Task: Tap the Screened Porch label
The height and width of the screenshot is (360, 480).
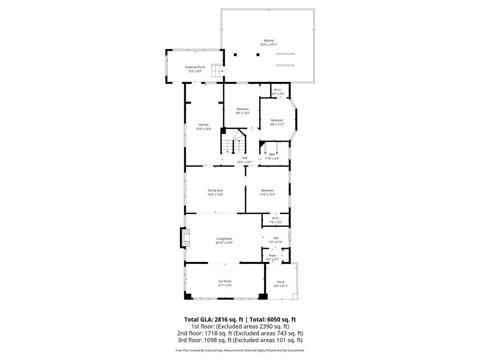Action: click(195, 67)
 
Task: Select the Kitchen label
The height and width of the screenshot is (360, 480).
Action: click(204, 125)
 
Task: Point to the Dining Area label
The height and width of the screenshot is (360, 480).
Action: click(216, 190)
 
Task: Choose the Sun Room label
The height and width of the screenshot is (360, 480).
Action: click(225, 281)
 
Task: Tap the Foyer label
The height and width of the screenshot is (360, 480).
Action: click(272, 255)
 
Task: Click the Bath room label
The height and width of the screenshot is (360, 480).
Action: click(272, 154)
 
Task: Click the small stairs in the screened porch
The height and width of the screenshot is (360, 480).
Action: click(216, 71)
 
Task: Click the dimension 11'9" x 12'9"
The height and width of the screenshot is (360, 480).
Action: click(267, 195)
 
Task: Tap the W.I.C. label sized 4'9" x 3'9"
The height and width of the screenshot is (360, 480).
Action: click(278, 90)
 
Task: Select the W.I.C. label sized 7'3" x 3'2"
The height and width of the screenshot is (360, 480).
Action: click(275, 218)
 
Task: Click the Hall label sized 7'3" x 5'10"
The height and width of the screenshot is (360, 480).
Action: click(276, 238)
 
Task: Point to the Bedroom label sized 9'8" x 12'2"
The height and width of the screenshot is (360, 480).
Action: click(242, 109)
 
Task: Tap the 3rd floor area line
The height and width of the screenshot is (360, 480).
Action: click(240, 340)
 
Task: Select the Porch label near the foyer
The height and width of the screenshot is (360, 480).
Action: click(281, 282)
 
